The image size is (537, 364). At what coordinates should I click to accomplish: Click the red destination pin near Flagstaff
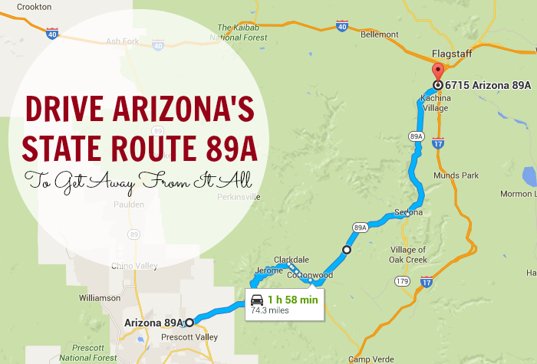pos(437,74)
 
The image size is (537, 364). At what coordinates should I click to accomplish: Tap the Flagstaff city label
pos(450,54)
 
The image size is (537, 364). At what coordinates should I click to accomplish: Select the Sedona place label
pos(408,212)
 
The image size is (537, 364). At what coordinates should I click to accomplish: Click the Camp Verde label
pos(367,359)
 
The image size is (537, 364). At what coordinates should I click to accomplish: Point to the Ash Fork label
pos(123,41)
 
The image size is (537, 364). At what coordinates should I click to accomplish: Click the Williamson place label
pos(99,297)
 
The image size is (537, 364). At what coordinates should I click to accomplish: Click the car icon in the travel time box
pos(258,300)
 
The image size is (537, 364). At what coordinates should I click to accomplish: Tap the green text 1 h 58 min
pos(292,300)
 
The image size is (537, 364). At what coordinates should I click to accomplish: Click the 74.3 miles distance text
pos(268,312)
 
